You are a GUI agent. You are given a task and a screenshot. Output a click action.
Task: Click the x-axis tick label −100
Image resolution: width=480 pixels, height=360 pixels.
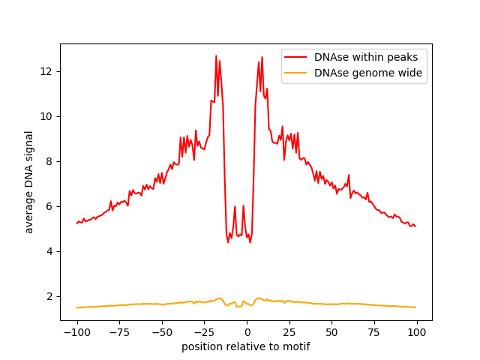click(76, 332)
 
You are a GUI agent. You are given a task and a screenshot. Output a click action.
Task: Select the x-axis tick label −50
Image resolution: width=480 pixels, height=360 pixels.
click(161, 332)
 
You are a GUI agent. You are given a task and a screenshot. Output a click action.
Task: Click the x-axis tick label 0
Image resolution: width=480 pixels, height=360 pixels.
click(247, 332)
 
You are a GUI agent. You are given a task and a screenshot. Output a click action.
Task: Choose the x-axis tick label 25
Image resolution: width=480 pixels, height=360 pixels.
click(289, 332)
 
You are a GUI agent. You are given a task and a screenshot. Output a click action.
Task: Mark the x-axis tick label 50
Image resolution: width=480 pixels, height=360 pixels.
click(331, 332)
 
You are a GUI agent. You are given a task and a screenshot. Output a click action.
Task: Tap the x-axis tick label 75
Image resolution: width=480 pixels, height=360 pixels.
click(374, 332)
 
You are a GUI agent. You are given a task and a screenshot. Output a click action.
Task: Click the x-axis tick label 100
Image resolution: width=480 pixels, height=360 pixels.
click(417, 332)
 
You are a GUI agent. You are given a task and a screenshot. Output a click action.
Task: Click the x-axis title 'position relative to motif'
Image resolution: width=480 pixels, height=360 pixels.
click(246, 346)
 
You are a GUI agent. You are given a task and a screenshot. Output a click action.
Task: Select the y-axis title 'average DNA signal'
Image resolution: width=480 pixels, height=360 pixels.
click(29, 182)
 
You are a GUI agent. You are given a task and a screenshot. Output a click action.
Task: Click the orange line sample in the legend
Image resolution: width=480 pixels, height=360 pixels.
click(297, 73)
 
